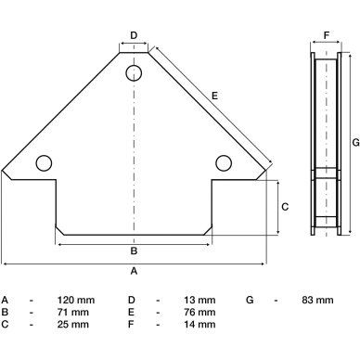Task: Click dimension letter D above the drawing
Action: point(134,35)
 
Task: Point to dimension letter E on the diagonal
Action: point(214,96)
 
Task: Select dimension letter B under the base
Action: point(134,251)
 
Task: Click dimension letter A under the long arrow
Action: point(134,271)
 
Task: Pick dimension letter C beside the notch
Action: point(285,207)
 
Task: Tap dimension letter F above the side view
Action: point(327,35)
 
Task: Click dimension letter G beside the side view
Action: point(356,143)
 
